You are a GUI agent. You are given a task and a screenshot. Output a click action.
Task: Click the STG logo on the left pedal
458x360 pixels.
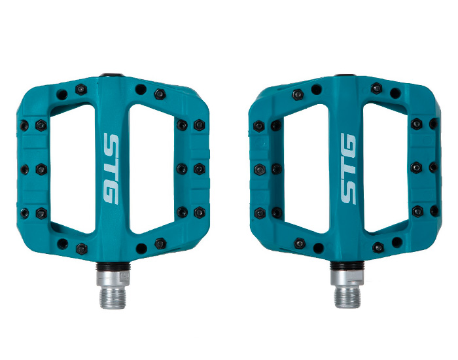point(111,169)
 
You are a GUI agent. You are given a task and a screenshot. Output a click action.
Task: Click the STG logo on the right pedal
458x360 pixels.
point(348,169)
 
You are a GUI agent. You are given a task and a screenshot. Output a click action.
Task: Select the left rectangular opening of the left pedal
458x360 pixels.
point(73,169)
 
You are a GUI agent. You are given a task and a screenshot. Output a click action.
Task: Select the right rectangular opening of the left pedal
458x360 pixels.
point(152,169)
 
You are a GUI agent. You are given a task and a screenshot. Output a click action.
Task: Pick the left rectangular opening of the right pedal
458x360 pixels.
point(306,169)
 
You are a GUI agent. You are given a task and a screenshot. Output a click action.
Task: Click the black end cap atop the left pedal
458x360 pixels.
point(112,75)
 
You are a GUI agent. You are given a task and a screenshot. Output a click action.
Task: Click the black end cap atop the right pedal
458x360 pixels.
point(345,75)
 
